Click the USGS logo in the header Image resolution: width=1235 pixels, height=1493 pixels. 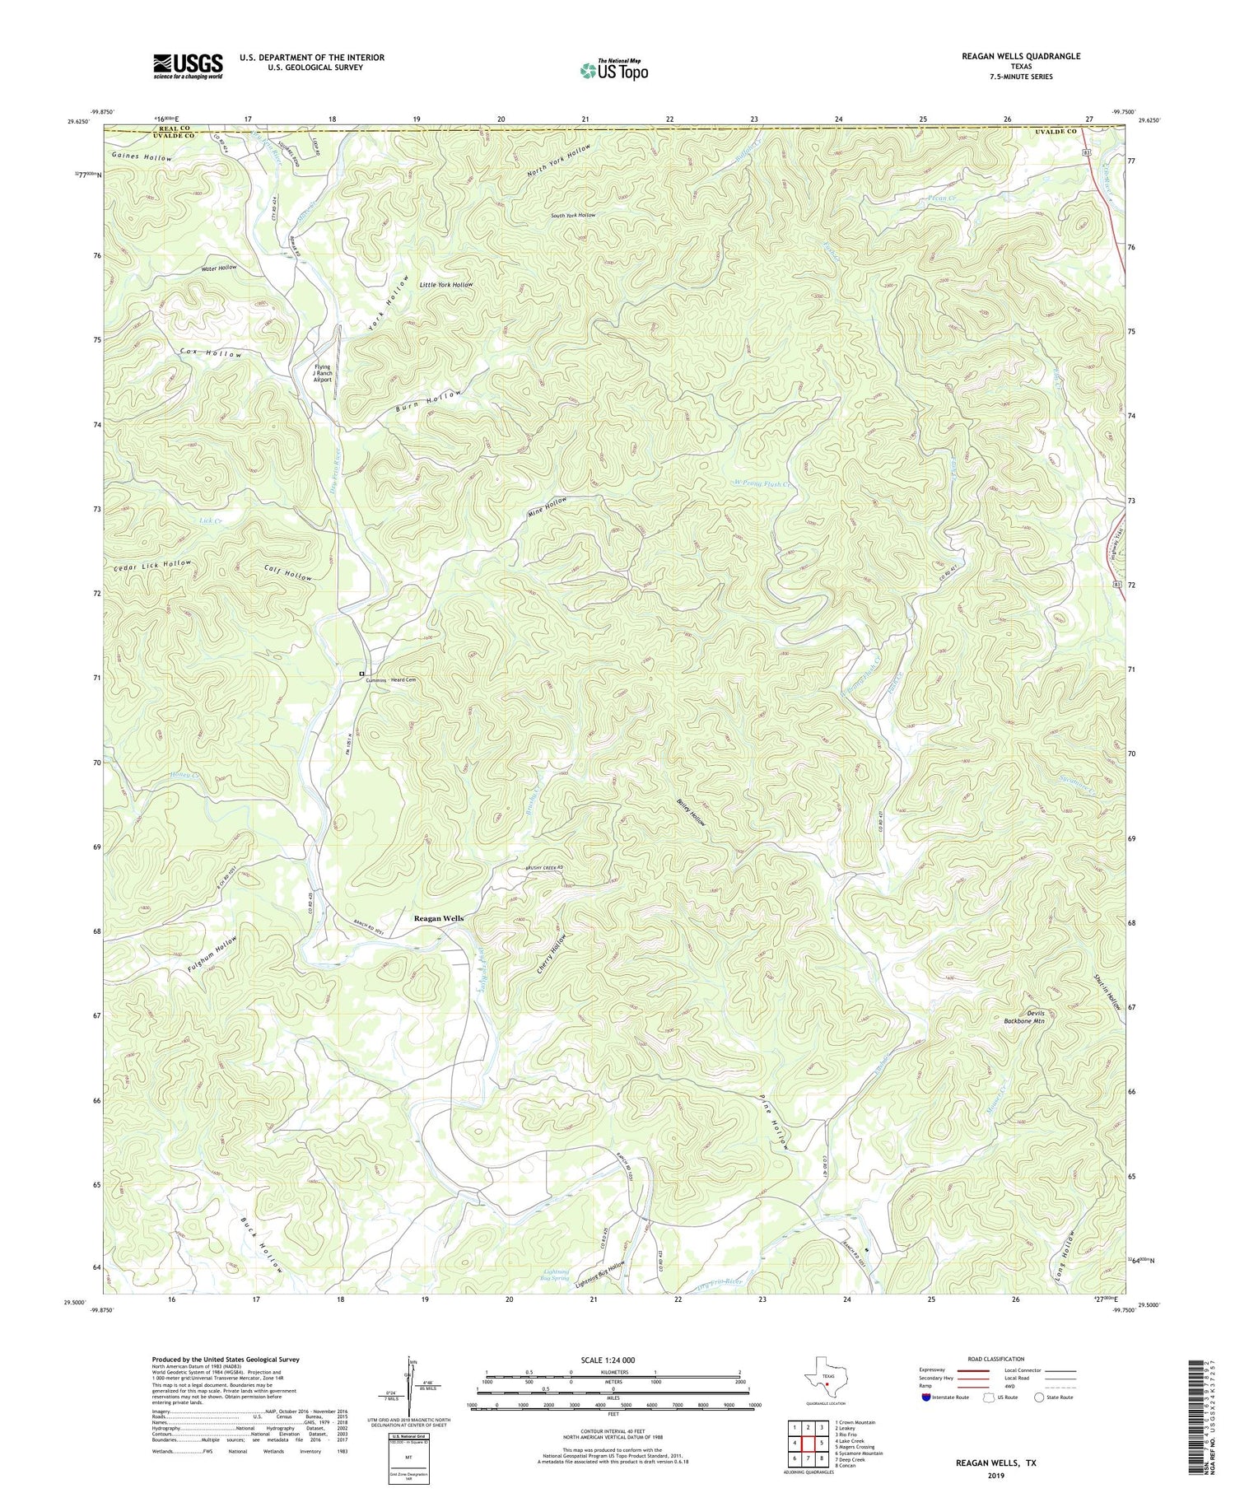click(x=188, y=66)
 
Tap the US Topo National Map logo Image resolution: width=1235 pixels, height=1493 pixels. click(x=613, y=70)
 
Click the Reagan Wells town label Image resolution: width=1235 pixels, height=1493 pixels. click(x=438, y=918)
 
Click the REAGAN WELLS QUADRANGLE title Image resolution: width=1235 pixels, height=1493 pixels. click(x=1020, y=56)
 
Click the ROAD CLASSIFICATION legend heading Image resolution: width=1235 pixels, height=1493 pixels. click(x=996, y=1359)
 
